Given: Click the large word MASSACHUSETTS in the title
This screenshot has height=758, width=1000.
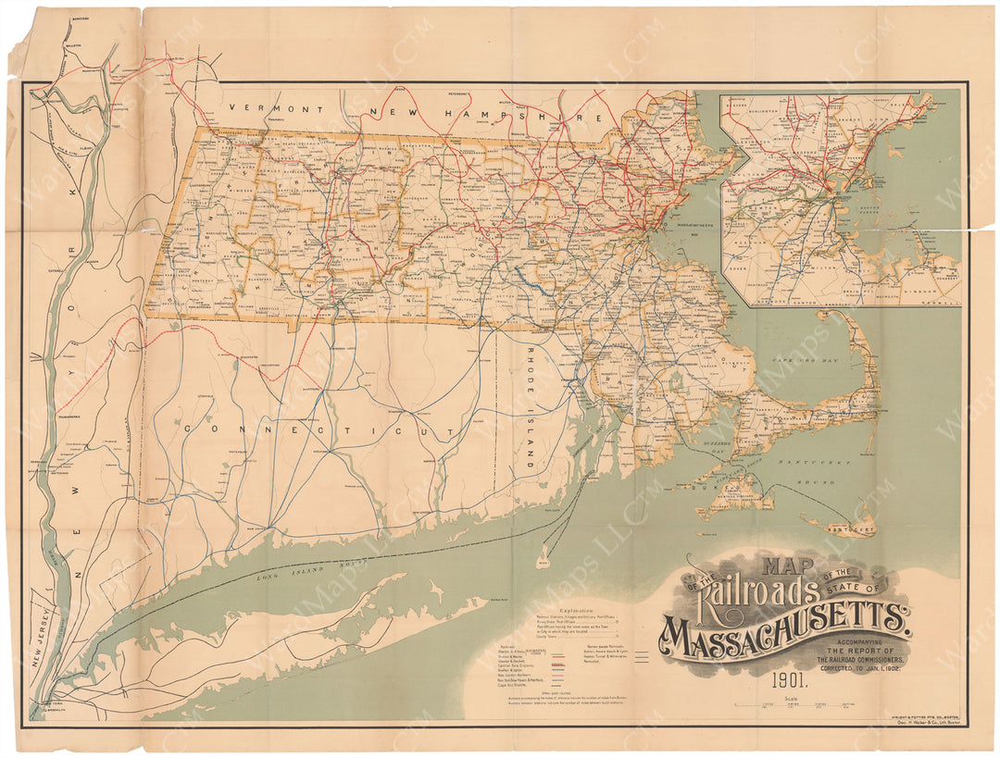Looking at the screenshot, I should [783, 629].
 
